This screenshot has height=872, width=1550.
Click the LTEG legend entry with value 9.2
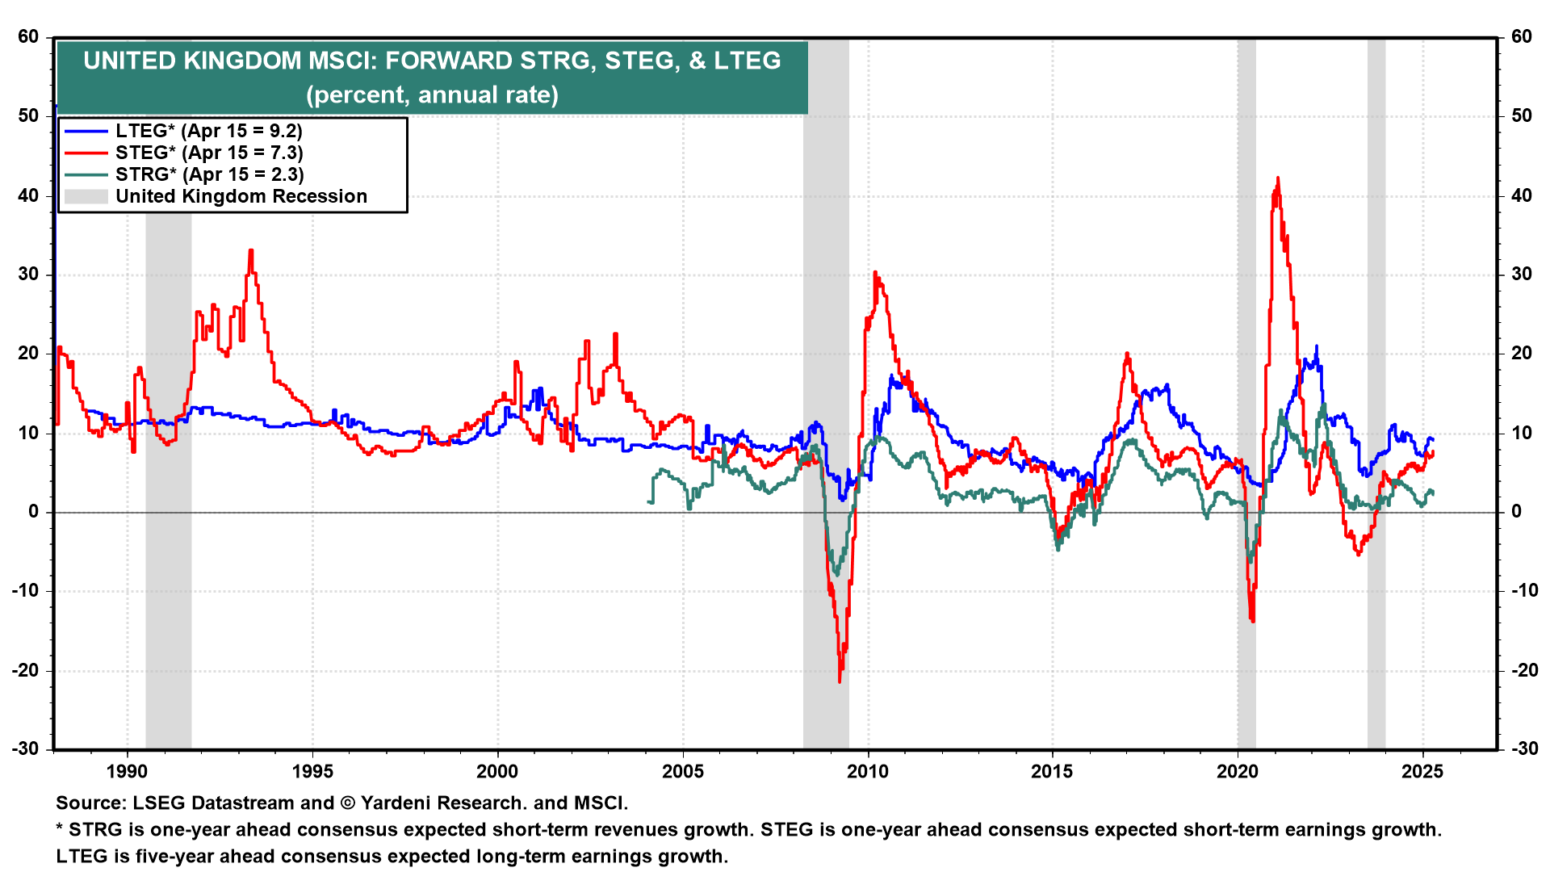[208, 131]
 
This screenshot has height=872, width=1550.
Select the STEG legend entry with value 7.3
[208, 153]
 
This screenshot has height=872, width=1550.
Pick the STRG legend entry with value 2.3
[208, 174]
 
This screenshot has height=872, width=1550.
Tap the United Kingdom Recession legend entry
[241, 196]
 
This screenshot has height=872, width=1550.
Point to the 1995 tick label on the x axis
[312, 771]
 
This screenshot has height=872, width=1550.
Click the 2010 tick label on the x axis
[868, 771]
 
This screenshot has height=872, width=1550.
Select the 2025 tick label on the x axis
[1422, 771]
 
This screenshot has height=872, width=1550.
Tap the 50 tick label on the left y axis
[28, 115]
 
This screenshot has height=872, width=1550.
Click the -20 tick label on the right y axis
[1521, 671]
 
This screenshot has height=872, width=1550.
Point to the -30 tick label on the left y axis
[26, 749]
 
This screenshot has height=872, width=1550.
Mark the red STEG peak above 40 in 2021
[1277, 178]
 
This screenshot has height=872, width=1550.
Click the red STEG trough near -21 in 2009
[840, 681]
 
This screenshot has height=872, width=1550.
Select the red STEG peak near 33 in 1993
[251, 251]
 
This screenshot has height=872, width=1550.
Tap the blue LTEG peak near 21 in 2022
[1317, 347]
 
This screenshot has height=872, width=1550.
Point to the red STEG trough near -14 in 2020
[1252, 620]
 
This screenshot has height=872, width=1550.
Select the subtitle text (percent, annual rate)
[432, 95]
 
